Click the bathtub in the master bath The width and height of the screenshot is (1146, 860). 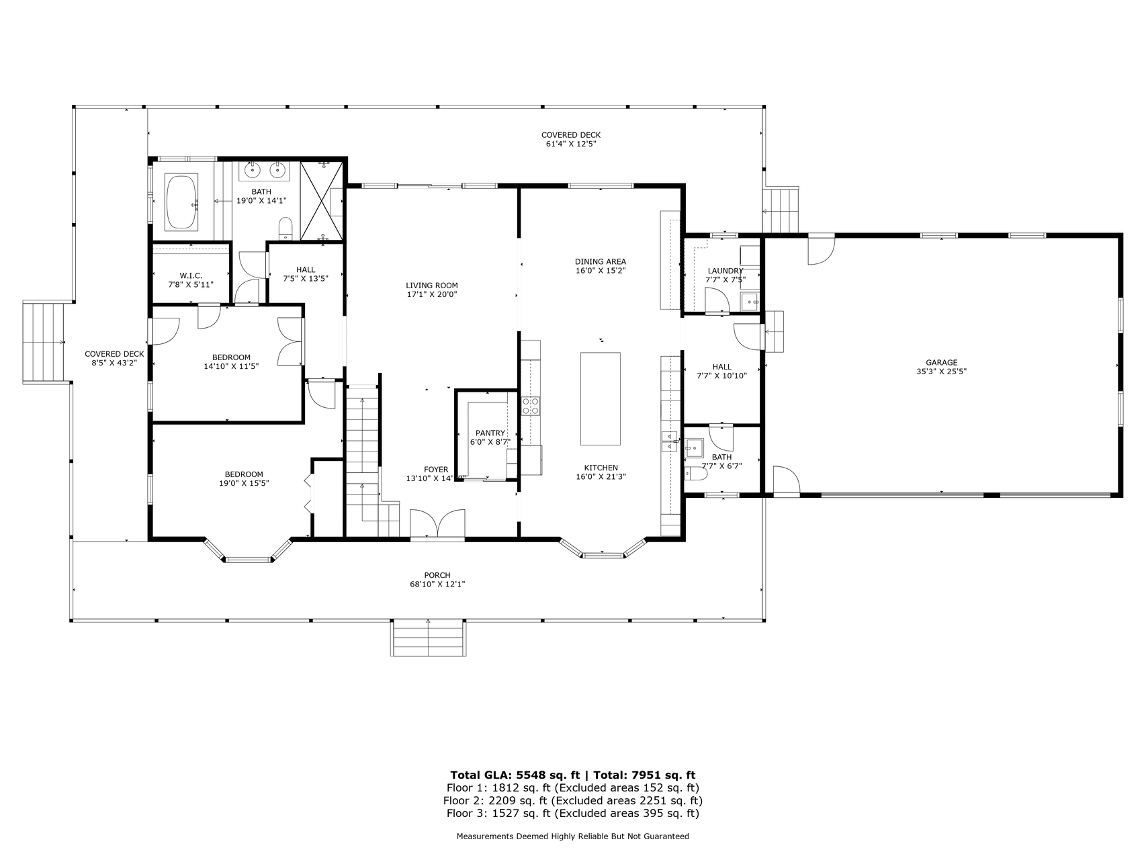[x=182, y=202]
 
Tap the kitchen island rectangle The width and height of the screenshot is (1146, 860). [x=601, y=398]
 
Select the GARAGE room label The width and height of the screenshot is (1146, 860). [x=941, y=363]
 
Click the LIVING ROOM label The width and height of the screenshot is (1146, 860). [x=432, y=286]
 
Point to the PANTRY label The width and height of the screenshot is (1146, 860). [x=490, y=433]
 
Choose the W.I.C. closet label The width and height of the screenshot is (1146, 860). [x=191, y=276]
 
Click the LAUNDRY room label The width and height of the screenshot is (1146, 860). [x=725, y=271]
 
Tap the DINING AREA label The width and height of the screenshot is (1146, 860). [x=601, y=262]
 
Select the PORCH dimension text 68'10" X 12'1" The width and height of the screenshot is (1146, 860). [x=437, y=585]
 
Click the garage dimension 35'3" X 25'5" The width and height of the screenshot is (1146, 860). [x=941, y=372]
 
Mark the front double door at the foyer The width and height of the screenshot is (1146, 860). [x=437, y=524]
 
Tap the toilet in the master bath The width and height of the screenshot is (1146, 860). [x=285, y=228]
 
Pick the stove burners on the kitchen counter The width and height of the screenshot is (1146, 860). [x=531, y=405]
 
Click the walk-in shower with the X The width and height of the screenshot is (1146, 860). [x=322, y=200]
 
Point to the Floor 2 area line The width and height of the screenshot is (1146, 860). [x=572, y=801]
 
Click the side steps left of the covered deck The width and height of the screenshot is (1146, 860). [x=46, y=342]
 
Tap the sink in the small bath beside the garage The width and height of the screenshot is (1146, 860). [x=694, y=447]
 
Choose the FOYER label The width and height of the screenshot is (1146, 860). [x=436, y=470]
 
